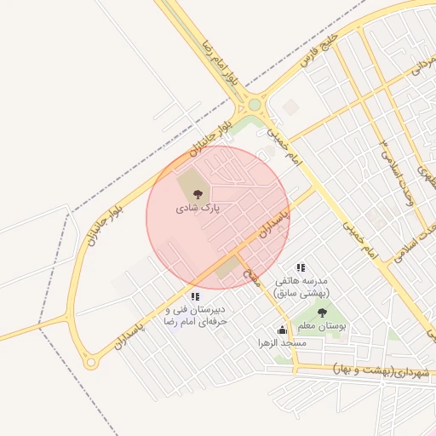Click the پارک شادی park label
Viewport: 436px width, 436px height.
(198, 208)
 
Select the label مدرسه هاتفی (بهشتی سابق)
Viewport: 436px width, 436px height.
(301, 286)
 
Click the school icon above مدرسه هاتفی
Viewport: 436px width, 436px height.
(300, 267)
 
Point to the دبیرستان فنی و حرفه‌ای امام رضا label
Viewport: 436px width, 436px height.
(196, 315)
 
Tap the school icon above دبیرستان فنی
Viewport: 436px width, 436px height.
(195, 296)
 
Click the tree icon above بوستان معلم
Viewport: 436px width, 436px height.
(321, 313)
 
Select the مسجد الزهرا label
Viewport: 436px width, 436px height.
(283, 342)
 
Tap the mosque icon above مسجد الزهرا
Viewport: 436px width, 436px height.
(283, 330)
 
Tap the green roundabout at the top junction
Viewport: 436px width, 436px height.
(255, 106)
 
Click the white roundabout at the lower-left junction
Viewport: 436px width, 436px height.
(90, 364)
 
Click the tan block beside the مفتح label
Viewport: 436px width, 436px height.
(228, 268)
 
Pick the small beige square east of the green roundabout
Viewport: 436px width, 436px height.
(290, 107)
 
